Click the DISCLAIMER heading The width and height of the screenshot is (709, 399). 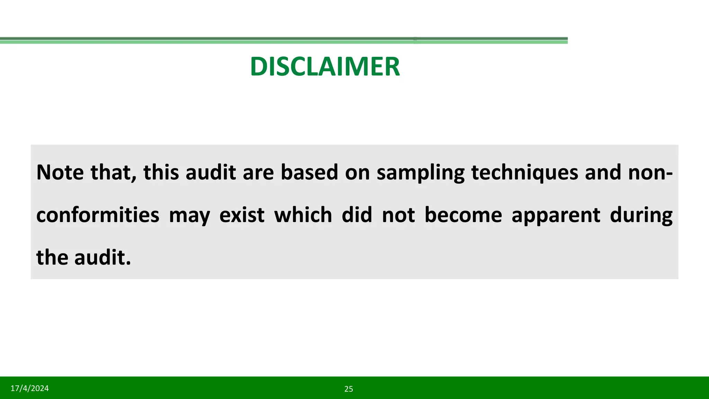click(325, 66)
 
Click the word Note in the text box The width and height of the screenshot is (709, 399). click(60, 172)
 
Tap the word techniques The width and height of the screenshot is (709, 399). click(524, 173)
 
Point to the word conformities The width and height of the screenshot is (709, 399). click(98, 215)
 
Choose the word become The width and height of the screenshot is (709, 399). click(463, 215)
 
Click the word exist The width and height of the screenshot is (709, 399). click(242, 215)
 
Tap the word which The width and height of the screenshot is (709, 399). click(303, 215)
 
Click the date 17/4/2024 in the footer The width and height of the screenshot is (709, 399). click(30, 388)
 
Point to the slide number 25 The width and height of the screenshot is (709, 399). click(349, 389)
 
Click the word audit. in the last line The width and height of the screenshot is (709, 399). click(102, 258)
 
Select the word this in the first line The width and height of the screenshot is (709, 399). click(161, 172)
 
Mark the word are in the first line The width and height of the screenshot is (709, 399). click(258, 173)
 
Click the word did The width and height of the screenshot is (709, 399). click(357, 215)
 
